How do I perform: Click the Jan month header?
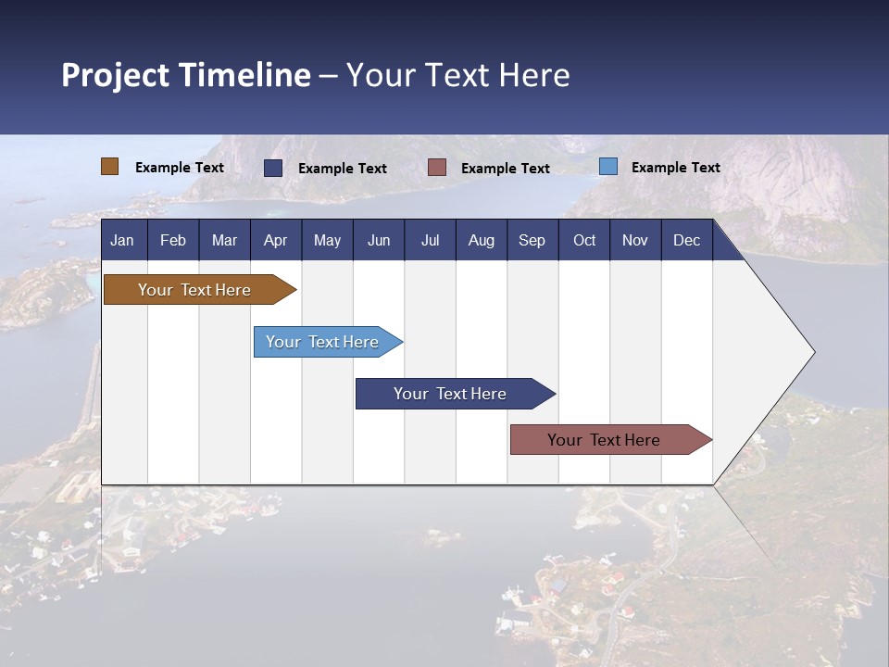point(122,240)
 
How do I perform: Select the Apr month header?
point(275,240)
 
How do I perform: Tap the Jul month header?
point(430,240)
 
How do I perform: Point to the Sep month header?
point(532,240)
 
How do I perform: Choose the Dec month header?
point(686,240)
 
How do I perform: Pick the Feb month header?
point(173,240)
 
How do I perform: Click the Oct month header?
point(584,240)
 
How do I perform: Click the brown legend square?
point(109,167)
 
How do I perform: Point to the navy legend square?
point(273,168)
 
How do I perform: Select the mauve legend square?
point(437,168)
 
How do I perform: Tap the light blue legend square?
point(607,167)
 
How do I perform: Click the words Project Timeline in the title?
point(185,75)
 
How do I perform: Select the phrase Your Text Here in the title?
point(457,75)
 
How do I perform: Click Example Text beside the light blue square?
point(675,168)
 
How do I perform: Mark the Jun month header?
point(379,240)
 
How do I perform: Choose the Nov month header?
point(634,240)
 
